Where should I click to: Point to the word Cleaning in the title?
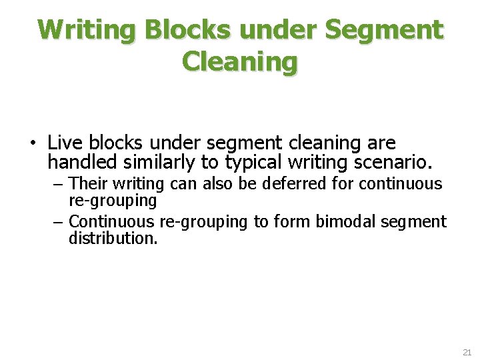[240, 62]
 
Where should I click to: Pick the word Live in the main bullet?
[64, 143]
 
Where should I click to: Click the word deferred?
[296, 183]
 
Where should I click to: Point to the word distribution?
[113, 238]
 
